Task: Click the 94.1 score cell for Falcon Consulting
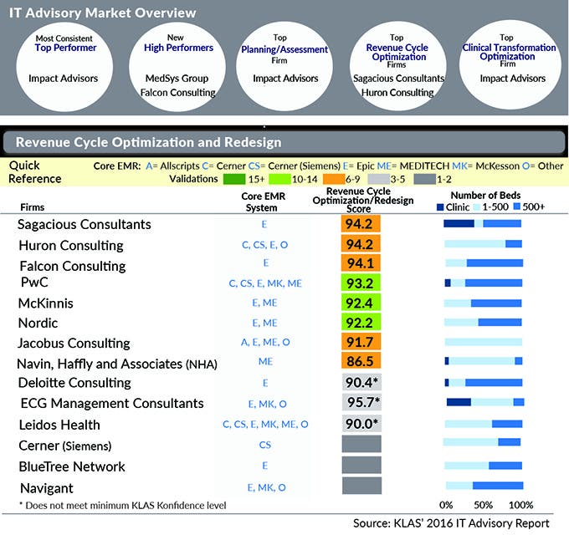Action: (x=361, y=264)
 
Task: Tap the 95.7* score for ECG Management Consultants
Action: (x=361, y=402)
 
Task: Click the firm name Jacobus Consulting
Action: (x=74, y=343)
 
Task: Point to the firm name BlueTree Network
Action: (x=71, y=466)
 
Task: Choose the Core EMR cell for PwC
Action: (x=264, y=283)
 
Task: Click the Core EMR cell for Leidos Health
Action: (x=264, y=424)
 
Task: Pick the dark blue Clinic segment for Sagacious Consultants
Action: (x=459, y=223)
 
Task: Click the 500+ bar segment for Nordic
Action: (x=500, y=322)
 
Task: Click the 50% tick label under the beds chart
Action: (x=484, y=505)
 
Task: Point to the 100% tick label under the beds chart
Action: (x=520, y=505)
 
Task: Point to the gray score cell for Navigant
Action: (x=361, y=487)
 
